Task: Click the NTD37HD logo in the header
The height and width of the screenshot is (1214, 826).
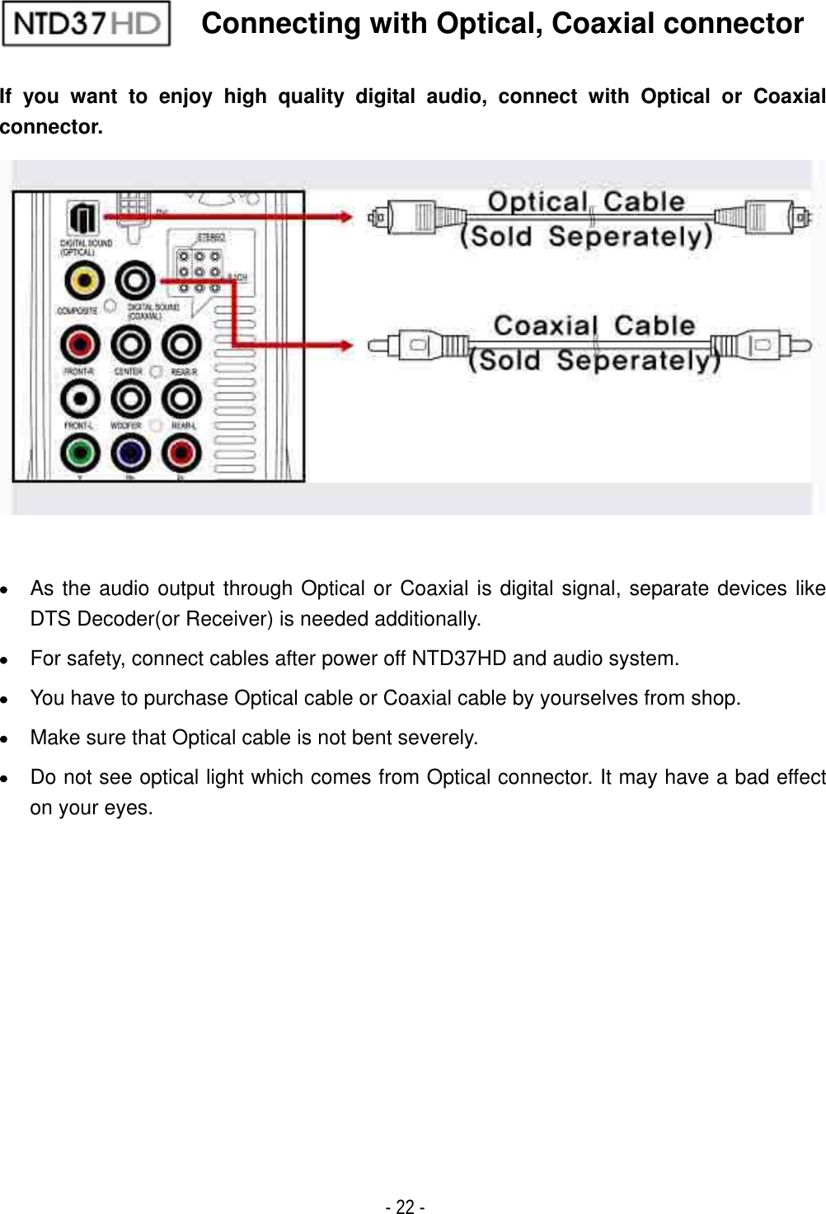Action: tap(87, 24)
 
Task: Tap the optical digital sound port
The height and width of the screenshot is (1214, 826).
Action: tap(82, 220)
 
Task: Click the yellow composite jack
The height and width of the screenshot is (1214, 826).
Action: tap(84, 282)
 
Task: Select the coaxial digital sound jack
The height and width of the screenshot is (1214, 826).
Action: tap(135, 282)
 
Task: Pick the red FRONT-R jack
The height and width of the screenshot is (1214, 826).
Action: tap(81, 345)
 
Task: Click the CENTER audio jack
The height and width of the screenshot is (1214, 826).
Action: tap(130, 345)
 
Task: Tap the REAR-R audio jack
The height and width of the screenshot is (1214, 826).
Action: tap(181, 345)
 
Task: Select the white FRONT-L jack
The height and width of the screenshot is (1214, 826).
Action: tap(81, 400)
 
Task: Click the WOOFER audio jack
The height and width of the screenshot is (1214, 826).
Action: tap(130, 400)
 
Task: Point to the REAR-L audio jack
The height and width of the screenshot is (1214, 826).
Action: tap(181, 400)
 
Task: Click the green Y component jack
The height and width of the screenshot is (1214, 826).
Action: tap(81, 452)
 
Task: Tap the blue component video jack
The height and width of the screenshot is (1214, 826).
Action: tap(130, 452)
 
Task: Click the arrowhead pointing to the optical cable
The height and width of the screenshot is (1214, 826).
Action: tap(344, 217)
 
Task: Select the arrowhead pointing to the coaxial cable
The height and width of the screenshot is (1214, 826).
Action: tap(344, 345)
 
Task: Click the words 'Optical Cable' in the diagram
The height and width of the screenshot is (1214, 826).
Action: tap(586, 202)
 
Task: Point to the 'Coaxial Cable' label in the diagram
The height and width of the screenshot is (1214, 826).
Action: tap(594, 326)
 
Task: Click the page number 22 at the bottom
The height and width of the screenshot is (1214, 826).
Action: tap(405, 1207)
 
